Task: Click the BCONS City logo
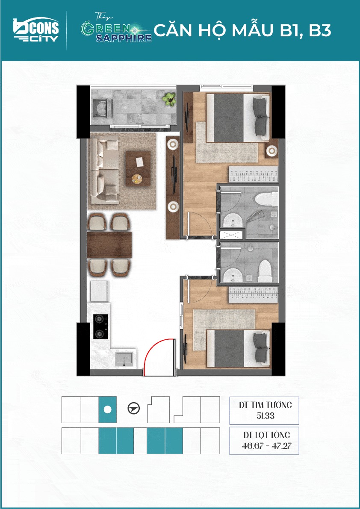[x=36, y=29]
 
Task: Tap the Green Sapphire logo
[x=116, y=29]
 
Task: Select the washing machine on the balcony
[x=102, y=109]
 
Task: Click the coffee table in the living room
[x=138, y=168]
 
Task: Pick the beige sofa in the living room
[x=104, y=168]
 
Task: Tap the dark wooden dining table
[x=109, y=244]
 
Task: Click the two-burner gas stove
[x=100, y=327]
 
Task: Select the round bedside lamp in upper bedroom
[x=271, y=150]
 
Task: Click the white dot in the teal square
[x=107, y=410]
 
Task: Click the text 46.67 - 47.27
[x=266, y=445]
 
